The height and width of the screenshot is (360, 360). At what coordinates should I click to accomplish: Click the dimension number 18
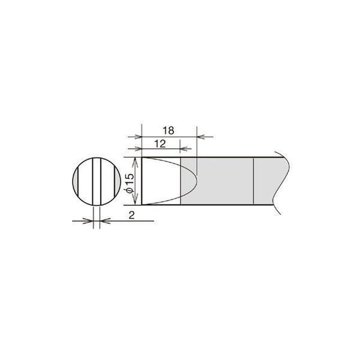[x=169, y=131]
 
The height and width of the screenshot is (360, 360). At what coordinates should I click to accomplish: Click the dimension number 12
[x=160, y=144]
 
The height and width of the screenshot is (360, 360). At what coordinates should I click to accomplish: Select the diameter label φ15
[x=130, y=183]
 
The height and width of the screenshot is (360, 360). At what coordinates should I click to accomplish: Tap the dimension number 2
[x=131, y=215]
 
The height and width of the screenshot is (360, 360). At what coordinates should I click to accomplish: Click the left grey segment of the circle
[x=76, y=181]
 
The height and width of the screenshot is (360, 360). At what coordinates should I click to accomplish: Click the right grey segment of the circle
[x=118, y=181]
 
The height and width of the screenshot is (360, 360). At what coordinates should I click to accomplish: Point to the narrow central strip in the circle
[x=97, y=181]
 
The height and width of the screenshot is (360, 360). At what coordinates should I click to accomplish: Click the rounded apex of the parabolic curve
[x=197, y=181]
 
